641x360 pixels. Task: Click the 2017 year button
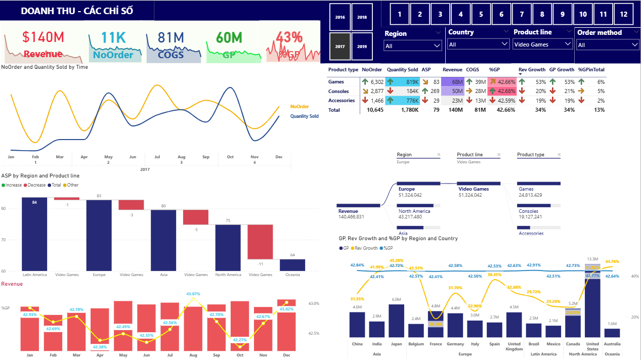coord(340,47)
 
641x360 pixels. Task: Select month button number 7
coord(522,14)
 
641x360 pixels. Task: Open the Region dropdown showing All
coord(413,46)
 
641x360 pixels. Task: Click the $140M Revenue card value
coord(43,37)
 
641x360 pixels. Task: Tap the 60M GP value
coord(229,37)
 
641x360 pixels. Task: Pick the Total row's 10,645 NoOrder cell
coord(372,110)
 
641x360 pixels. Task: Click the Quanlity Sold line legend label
coord(304,116)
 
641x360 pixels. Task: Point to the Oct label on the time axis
coord(230,157)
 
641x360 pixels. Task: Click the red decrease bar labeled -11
coord(260,242)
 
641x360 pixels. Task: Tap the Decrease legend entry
coord(36,185)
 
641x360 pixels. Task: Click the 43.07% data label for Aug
coord(193,294)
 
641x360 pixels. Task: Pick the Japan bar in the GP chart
coord(396,321)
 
